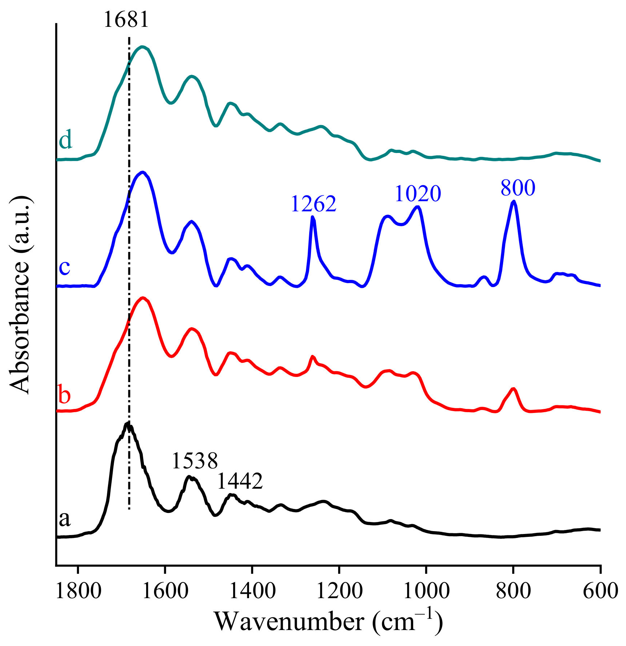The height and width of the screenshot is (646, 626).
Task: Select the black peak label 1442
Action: tap(240, 481)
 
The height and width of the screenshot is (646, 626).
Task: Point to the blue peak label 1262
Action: tap(314, 204)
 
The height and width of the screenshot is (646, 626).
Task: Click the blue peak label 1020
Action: tap(418, 194)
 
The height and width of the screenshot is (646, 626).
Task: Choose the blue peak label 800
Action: tap(518, 188)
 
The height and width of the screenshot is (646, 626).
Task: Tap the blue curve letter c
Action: tap(65, 267)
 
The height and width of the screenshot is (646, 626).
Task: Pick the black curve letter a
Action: tap(65, 519)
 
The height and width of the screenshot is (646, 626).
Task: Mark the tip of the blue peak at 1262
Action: tap(313, 217)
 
